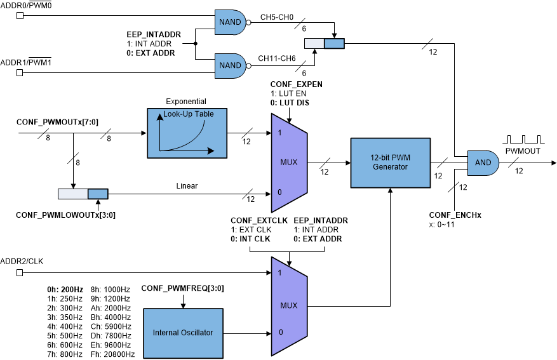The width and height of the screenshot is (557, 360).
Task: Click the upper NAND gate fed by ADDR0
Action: tap(230, 22)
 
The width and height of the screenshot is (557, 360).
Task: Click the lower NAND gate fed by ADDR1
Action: tap(230, 65)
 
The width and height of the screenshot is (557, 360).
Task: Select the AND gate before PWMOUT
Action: tap(483, 163)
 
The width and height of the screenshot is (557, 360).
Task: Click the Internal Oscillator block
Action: tap(183, 332)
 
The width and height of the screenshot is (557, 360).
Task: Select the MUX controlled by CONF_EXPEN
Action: tap(289, 163)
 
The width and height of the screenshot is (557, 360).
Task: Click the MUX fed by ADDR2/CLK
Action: tap(289, 305)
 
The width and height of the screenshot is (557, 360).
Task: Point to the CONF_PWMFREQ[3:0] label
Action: tap(182, 288)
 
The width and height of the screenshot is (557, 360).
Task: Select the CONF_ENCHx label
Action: tap(455, 215)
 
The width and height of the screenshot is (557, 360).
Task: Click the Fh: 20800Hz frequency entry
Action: tap(113, 354)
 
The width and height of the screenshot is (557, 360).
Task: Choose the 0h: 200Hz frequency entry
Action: tap(65, 288)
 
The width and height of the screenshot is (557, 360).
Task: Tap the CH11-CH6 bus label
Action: tap(276, 58)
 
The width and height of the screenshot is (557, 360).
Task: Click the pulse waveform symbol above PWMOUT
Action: tap(523, 138)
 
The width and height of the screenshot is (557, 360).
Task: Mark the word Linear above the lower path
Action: tap(187, 186)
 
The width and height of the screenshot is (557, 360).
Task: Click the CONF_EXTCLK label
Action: tap(259, 220)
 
